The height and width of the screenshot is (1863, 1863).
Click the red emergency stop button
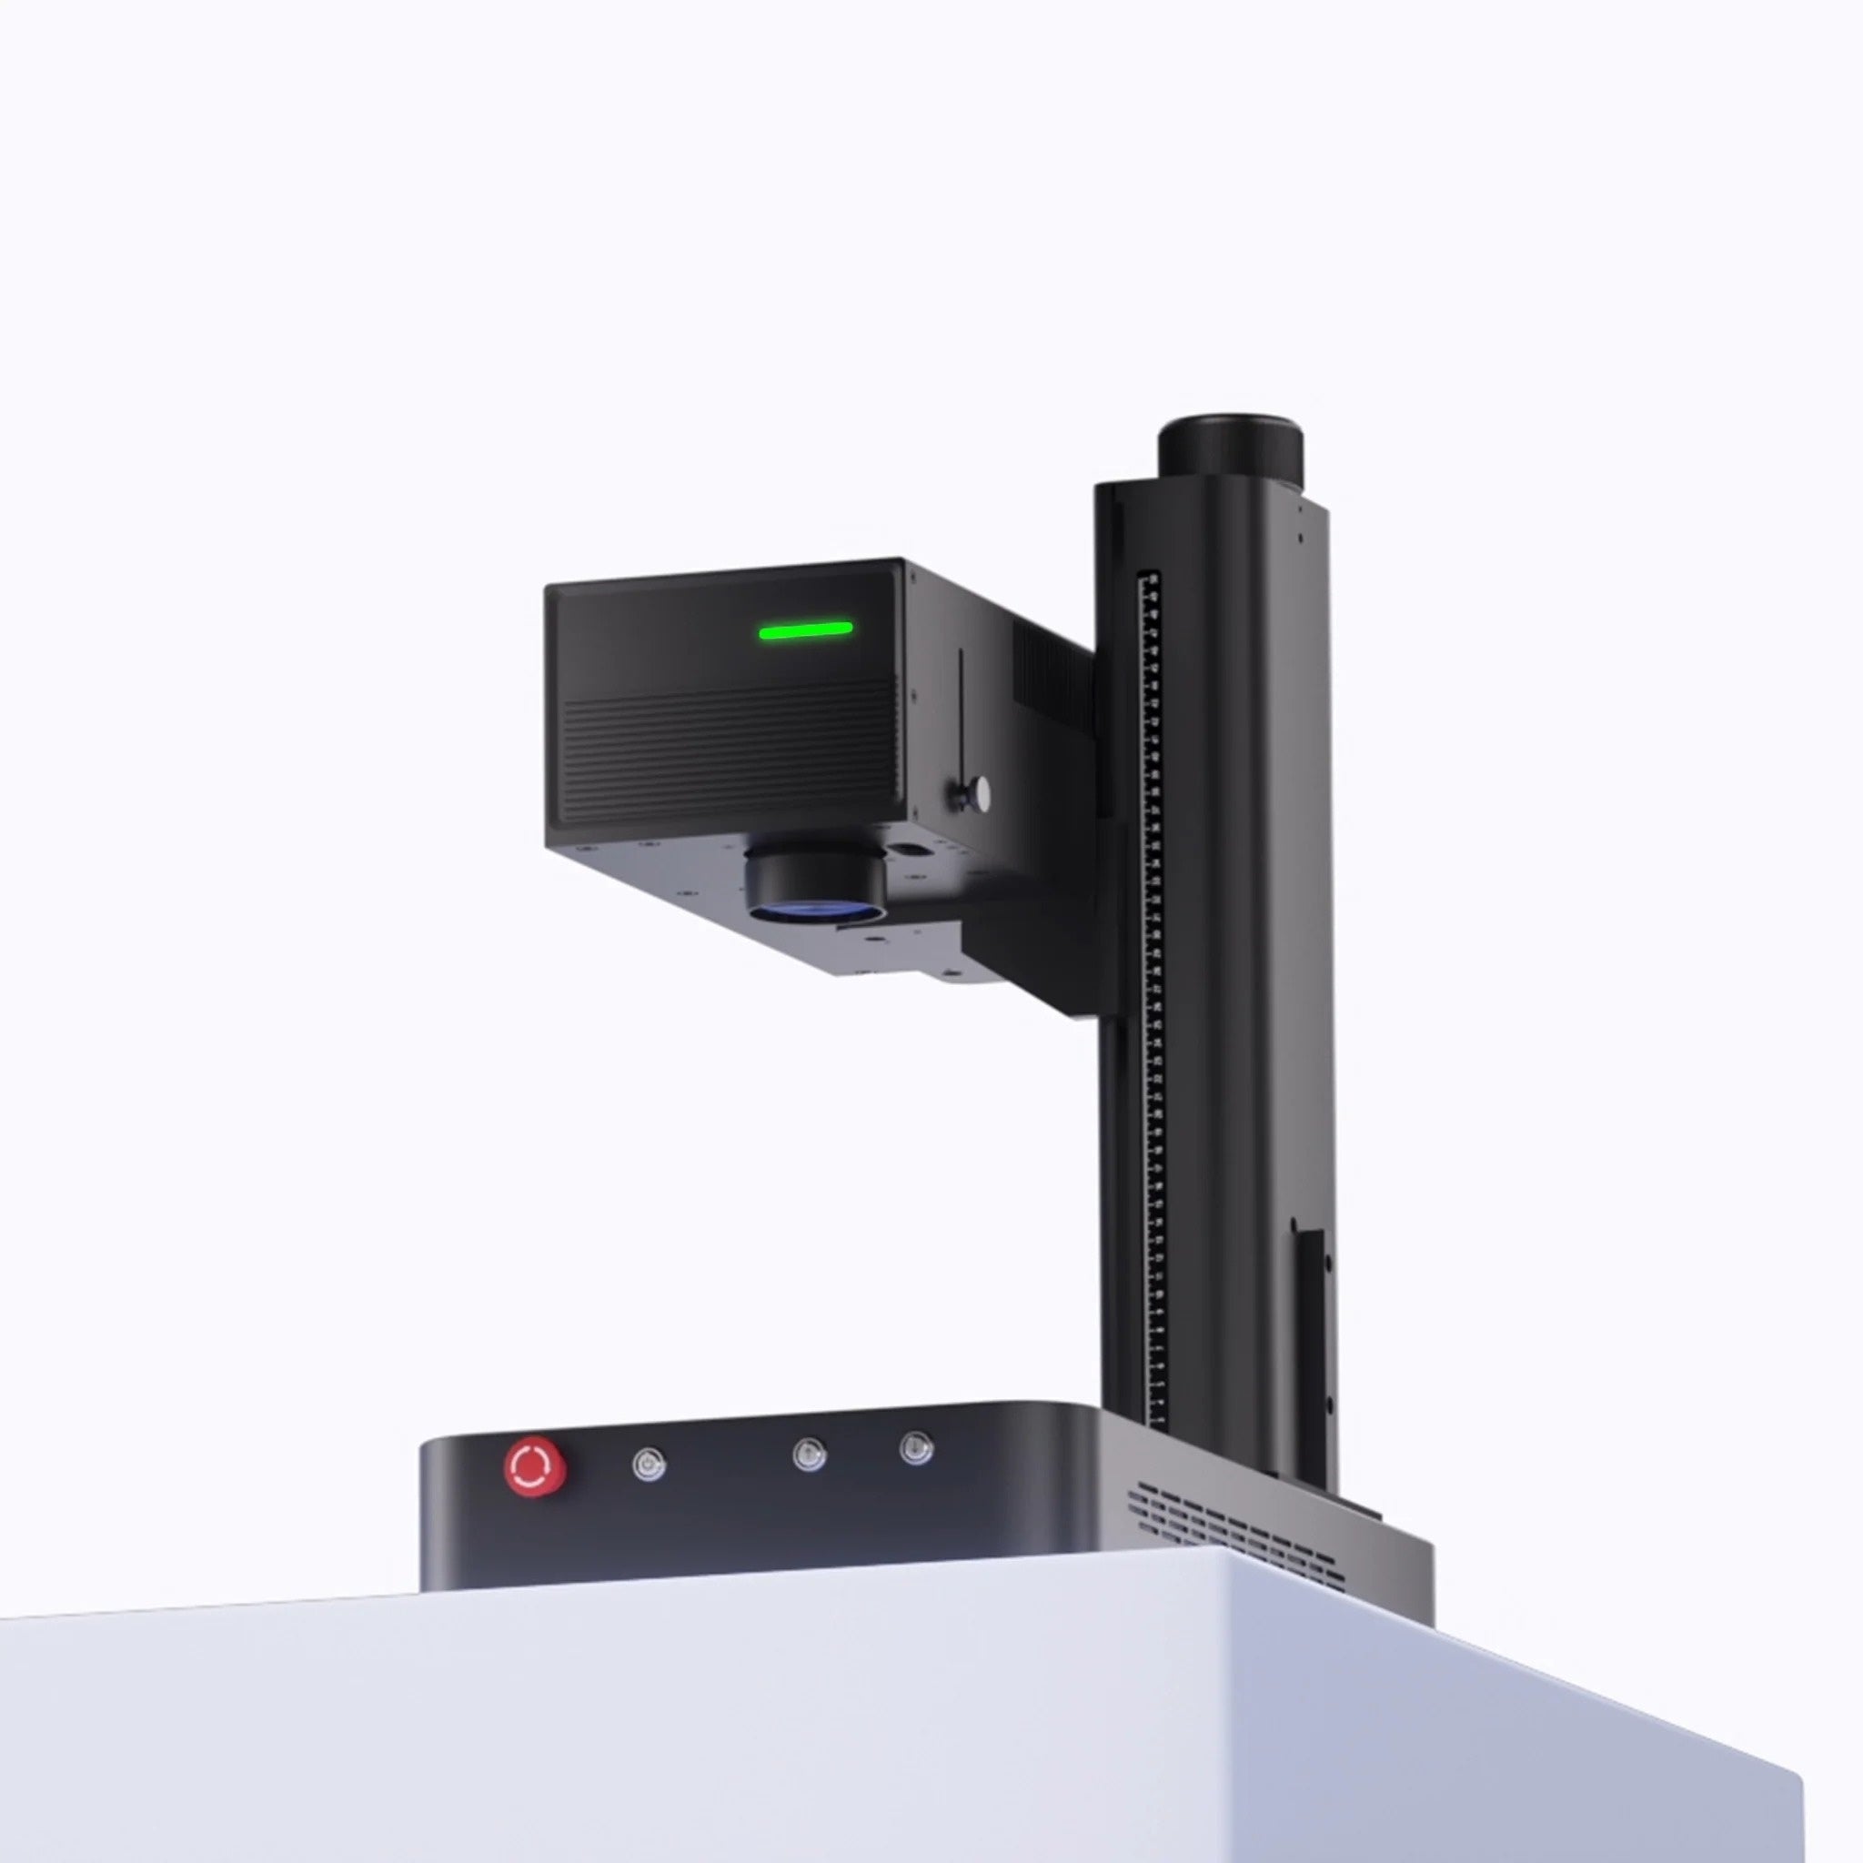[535, 1467]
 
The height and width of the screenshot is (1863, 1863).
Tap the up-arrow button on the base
[809, 1455]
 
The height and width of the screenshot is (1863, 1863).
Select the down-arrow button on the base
[916, 1448]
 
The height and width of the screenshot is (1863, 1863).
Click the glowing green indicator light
[805, 631]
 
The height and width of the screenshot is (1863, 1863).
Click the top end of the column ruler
[1149, 579]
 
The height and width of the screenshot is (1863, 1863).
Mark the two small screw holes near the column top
[1301, 520]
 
